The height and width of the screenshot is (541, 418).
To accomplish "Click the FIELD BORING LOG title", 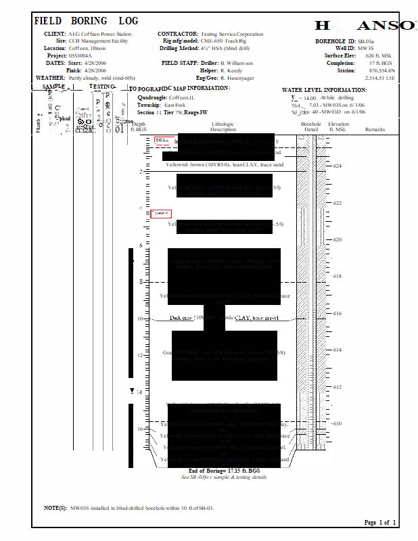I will click(86, 21).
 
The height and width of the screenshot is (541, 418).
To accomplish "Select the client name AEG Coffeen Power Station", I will click(99, 34).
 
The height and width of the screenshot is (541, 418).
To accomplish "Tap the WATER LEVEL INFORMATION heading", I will click(324, 90).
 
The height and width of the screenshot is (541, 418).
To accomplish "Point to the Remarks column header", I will click(375, 128).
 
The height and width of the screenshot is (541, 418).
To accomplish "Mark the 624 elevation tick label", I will click(338, 166).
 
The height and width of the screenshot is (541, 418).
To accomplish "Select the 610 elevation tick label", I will click(338, 424).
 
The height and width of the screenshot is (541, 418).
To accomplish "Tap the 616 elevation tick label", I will click(338, 314).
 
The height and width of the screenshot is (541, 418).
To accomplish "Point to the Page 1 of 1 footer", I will click(380, 523).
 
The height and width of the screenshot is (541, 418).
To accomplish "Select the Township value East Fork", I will click(175, 105).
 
